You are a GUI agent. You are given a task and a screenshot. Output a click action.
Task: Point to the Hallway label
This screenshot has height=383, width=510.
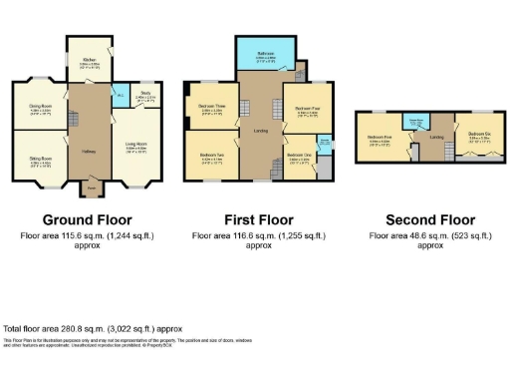tap(88, 152)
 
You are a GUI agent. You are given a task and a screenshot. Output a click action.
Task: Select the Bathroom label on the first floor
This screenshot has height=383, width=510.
tap(265, 55)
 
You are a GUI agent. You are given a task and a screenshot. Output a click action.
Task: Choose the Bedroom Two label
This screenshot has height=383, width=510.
tap(212, 156)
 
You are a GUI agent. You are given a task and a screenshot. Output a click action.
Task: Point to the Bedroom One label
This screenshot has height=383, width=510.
tap(299, 156)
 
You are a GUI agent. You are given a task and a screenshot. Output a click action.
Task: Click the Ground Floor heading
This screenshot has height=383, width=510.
tap(87, 219)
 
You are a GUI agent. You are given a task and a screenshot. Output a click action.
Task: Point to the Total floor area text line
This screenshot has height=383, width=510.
tap(93, 327)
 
